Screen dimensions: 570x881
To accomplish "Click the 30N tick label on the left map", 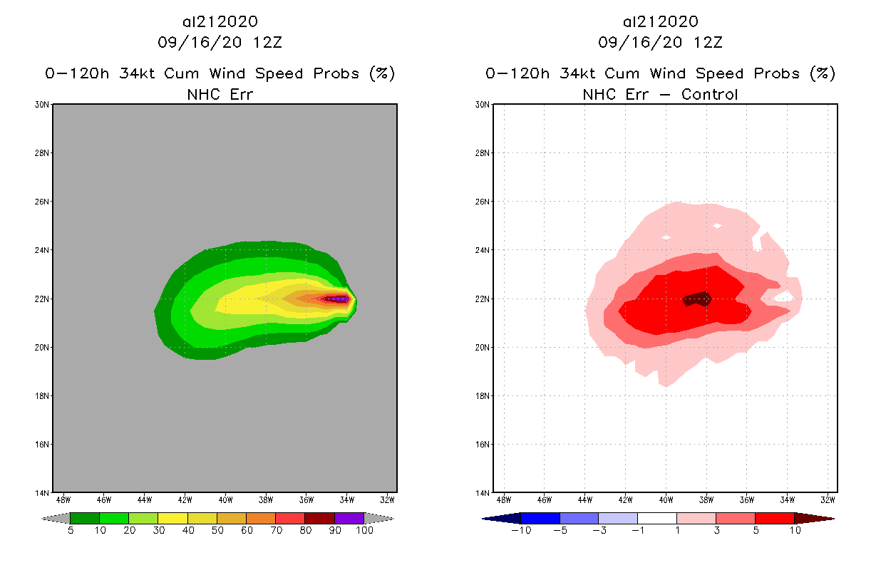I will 42,105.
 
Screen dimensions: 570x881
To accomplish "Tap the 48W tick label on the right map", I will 504,499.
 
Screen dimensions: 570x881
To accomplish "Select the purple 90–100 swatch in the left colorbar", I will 349,518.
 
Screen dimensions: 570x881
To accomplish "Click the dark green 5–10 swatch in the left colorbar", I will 85,518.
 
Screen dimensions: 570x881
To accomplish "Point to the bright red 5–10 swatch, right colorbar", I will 774,518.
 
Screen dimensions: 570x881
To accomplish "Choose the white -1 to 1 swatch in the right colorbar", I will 657,518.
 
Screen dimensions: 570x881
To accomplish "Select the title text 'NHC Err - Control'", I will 660,94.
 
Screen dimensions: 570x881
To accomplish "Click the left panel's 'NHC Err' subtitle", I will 220,94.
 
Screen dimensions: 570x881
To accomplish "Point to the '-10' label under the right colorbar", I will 520,531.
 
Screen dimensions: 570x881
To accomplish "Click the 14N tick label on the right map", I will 483,492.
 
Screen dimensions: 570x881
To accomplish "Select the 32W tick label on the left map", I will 388,499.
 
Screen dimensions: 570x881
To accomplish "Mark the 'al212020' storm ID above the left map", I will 220,22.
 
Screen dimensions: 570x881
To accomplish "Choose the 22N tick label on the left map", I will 42,299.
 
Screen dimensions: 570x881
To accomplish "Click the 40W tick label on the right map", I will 666,499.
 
